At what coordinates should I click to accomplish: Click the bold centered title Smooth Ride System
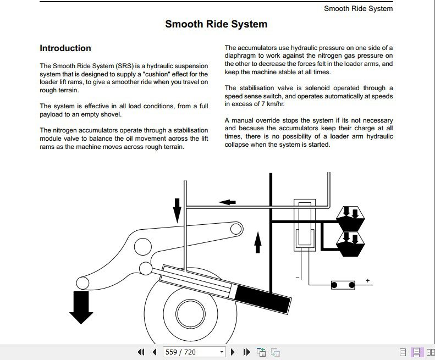tap(216, 24)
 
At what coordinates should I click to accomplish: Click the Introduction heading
tap(65, 48)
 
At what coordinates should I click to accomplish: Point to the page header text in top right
tap(358, 8)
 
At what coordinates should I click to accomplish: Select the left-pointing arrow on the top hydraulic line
tap(227, 202)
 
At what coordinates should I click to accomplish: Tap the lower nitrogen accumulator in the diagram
tap(350, 243)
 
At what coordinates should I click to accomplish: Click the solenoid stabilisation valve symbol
tap(302, 225)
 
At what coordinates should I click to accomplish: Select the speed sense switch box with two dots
tap(342, 285)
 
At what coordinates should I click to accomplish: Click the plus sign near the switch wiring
tap(367, 281)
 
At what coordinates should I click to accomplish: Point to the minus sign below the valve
tap(297, 278)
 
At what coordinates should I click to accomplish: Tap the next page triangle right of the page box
tap(233, 352)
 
